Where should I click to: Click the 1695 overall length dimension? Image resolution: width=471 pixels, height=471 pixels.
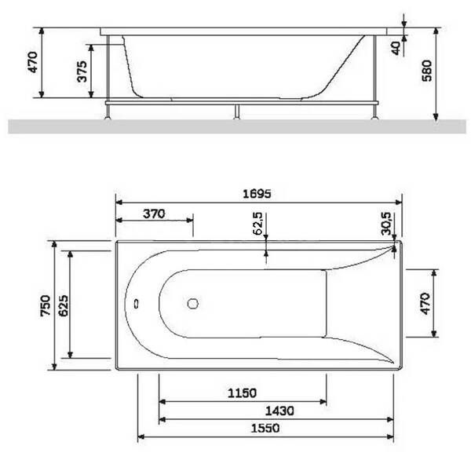coord(257,194)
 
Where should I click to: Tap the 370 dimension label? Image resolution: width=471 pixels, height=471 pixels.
coord(154,214)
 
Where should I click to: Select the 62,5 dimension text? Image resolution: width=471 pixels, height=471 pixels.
coord(257,224)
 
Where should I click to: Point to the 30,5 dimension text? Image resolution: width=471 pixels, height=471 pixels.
coord(386,224)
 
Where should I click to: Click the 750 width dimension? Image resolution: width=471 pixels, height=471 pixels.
coord(46,305)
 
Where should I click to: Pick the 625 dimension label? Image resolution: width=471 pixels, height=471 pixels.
coord(63,305)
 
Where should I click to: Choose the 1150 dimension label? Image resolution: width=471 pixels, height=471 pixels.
coord(242,393)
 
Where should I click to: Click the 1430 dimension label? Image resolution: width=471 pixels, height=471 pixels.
coord(279,411)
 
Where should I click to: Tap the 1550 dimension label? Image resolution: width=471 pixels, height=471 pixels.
coord(265,428)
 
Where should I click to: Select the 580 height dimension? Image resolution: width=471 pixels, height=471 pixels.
coord(427,71)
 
